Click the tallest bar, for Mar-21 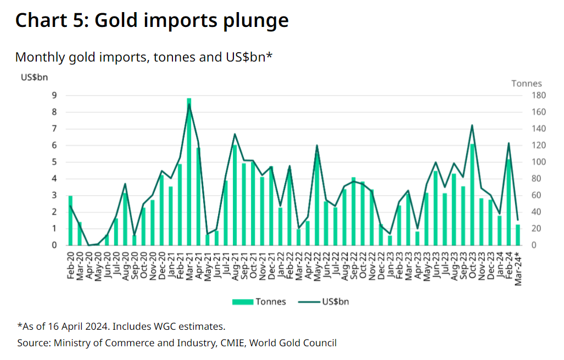(x=189, y=171)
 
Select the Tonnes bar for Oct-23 (x=472, y=195)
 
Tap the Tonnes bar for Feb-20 (x=70, y=221)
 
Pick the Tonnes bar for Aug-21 (x=234, y=195)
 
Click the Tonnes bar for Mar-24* (x=518, y=235)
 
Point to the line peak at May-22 (x=317, y=146)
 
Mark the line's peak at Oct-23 (x=472, y=125)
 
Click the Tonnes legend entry (x=259, y=302)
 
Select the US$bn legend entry (x=323, y=302)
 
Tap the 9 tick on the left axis (x=54, y=96)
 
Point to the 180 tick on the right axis (x=539, y=96)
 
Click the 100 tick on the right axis (x=539, y=162)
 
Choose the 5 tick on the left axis (x=54, y=162)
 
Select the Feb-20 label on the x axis (x=70, y=265)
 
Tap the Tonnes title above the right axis (x=527, y=84)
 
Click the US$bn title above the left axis (x=34, y=77)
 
